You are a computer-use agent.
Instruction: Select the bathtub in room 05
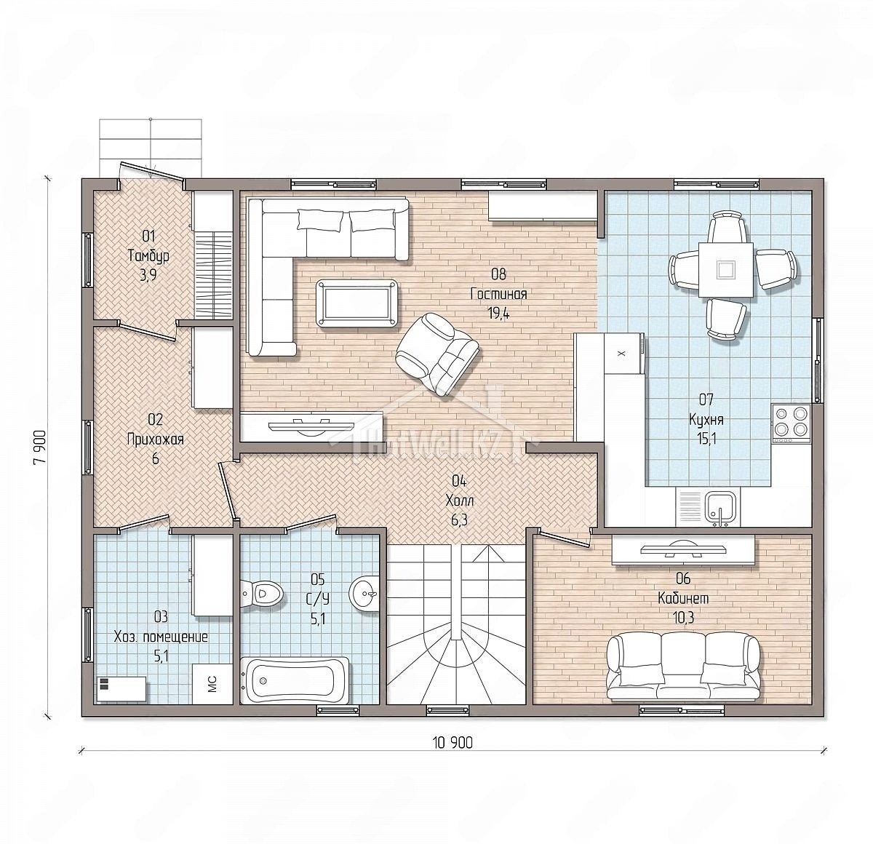(x=295, y=681)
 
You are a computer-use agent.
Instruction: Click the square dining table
(x=725, y=270)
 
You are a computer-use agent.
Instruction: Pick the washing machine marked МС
(x=212, y=683)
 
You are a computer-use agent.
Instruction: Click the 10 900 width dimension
(x=453, y=743)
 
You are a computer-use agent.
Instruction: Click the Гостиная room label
(x=498, y=295)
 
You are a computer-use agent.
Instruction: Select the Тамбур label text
(x=148, y=256)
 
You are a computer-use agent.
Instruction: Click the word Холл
(x=460, y=501)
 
